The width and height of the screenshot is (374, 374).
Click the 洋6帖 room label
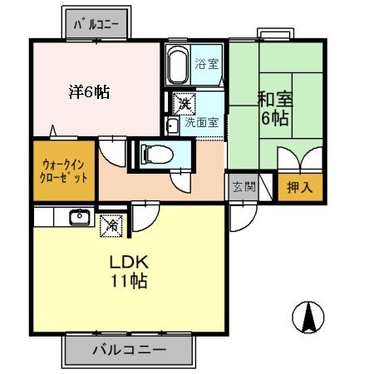pyautogui.click(x=88, y=92)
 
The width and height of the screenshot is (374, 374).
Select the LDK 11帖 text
pyautogui.click(x=129, y=272)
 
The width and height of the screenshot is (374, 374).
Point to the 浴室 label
pyautogui.click(x=206, y=63)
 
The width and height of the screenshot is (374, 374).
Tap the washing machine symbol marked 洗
pyautogui.click(x=183, y=104)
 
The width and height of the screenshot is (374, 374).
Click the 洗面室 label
pyautogui.click(x=201, y=121)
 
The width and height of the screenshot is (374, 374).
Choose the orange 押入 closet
pyautogui.click(x=299, y=187)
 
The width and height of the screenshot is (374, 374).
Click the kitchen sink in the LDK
pyautogui.click(x=79, y=217)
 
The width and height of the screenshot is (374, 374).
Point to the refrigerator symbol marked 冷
pyautogui.click(x=111, y=223)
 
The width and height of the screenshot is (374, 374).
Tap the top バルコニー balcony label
pyautogui.click(x=99, y=23)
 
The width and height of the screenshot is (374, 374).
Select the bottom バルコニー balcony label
pyautogui.click(x=129, y=349)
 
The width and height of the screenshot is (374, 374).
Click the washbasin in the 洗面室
pyautogui.click(x=172, y=126)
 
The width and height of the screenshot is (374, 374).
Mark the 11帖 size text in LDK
pyautogui.click(x=129, y=281)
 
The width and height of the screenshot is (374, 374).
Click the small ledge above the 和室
pyautogui.click(x=275, y=34)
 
